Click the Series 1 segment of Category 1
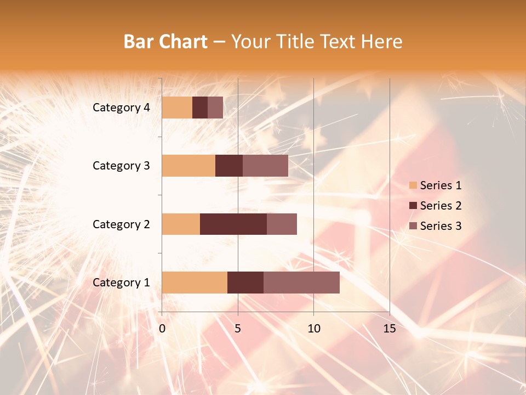[195, 282]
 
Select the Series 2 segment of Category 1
[245, 282]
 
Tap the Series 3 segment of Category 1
[301, 282]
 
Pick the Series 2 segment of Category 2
[233, 224]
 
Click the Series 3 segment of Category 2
[282, 224]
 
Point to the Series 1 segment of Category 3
[188, 166]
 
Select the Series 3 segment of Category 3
[265, 166]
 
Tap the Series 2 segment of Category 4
[200, 108]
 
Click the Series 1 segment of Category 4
[177, 108]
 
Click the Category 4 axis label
[121, 108]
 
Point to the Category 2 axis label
[121, 224]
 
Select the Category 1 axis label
[121, 283]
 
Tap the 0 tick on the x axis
[162, 329]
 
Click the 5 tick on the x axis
[238, 329]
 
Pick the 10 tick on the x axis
[313, 329]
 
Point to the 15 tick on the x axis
[390, 329]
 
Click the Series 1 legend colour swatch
[413, 185]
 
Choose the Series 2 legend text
[441, 206]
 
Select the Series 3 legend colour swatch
[413, 226]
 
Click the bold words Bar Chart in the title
[165, 42]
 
